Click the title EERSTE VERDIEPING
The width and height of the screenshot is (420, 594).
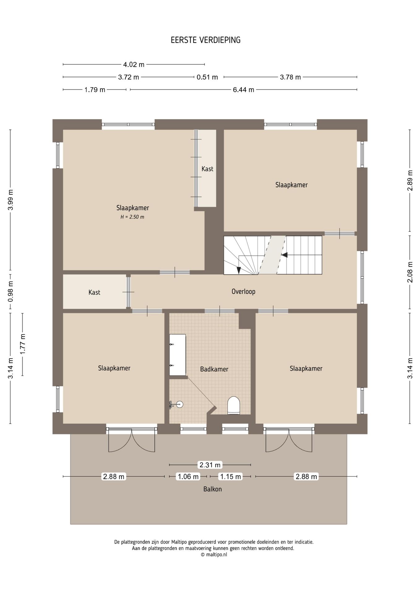click(x=206, y=40)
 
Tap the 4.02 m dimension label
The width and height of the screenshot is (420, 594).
click(x=134, y=65)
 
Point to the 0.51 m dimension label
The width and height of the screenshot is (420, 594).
click(x=207, y=77)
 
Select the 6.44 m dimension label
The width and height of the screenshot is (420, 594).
click(x=243, y=90)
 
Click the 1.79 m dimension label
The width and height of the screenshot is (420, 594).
click(x=95, y=90)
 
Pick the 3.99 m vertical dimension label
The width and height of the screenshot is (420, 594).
click(x=11, y=200)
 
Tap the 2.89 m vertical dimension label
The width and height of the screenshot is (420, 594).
click(x=410, y=180)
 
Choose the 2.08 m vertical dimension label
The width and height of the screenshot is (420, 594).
click(x=410, y=272)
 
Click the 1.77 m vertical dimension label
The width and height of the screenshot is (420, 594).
click(x=23, y=344)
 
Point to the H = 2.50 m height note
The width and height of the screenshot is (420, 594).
click(x=132, y=217)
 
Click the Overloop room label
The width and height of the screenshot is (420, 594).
click(x=243, y=291)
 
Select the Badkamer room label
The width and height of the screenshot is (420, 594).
click(x=214, y=369)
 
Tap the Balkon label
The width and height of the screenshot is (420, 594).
click(x=212, y=489)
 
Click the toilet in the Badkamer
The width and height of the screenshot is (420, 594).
click(x=234, y=405)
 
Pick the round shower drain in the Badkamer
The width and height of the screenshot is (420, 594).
click(x=179, y=404)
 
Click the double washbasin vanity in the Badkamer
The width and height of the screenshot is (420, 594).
click(x=178, y=355)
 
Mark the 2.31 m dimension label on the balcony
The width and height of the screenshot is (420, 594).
click(x=210, y=465)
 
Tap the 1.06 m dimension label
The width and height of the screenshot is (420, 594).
click(x=188, y=476)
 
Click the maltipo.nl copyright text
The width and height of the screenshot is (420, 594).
click(x=214, y=555)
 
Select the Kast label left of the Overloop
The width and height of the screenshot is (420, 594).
click(x=94, y=292)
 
